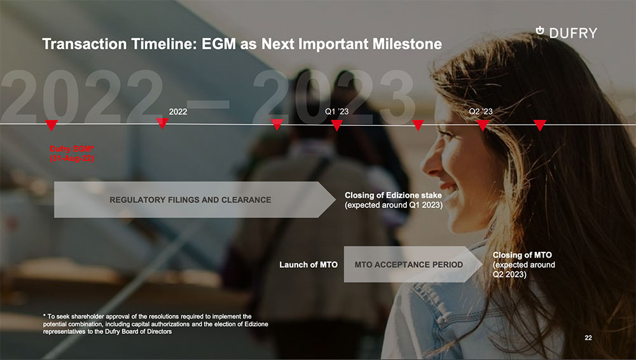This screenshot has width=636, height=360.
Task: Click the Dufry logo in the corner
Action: [566, 32]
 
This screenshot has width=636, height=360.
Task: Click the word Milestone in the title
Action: [407, 44]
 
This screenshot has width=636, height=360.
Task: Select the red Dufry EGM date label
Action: [72, 154]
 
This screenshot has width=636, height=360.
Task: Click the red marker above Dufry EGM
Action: [52, 125]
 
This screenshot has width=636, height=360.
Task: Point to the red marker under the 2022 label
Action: [162, 123]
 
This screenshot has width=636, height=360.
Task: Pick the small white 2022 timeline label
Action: [178, 111]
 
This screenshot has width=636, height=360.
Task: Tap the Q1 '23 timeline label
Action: [336, 111]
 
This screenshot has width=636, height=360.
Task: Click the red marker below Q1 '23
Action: [336, 125]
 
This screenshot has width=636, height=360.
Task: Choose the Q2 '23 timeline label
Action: [481, 111]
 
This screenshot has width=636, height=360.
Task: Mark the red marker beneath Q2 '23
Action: [483, 125]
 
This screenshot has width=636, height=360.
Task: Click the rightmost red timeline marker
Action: [540, 125]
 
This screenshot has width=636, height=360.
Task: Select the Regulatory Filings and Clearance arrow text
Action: [190, 200]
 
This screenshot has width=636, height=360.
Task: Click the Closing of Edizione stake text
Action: [394, 200]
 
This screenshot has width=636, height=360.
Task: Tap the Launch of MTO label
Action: [308, 265]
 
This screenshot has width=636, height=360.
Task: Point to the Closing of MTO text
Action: [523, 265]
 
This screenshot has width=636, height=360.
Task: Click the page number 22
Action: [588, 338]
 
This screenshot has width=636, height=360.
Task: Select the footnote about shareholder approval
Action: [156, 324]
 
